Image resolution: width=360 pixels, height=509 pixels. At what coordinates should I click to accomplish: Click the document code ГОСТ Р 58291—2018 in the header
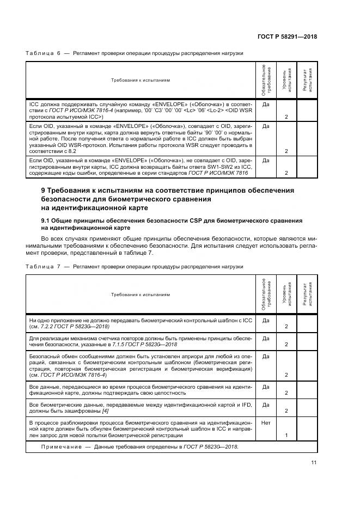pos(287,36)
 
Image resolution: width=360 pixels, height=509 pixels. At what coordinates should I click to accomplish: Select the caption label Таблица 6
pos(43,53)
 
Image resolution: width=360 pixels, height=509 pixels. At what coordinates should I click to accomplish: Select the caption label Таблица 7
pos(43,266)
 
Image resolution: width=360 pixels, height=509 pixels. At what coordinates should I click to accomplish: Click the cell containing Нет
pos(266,422)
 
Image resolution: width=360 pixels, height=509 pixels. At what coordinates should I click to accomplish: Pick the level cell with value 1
pos(286,436)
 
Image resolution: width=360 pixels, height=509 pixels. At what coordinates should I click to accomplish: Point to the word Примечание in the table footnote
pos(62,446)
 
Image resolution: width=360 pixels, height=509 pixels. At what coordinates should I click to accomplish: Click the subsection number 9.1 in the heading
pos(47,220)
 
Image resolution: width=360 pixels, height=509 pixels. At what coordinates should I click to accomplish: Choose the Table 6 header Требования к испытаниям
pos(141,81)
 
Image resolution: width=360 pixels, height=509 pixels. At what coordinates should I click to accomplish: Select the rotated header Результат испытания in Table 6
pos(307,81)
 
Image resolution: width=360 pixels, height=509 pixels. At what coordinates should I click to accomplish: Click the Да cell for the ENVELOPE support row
pos(266,103)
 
